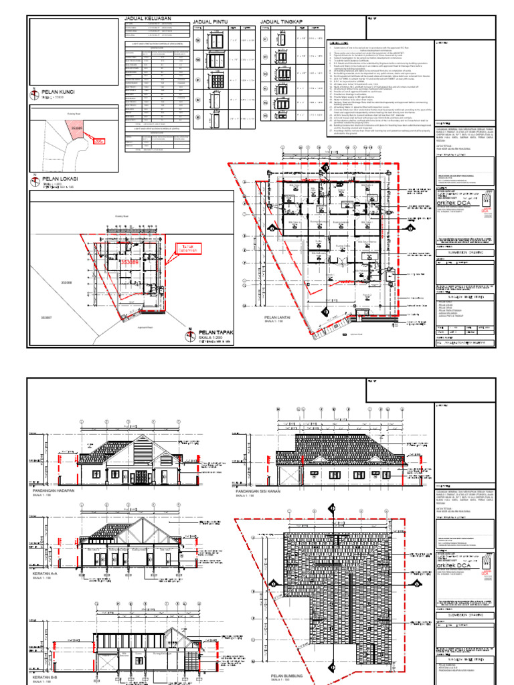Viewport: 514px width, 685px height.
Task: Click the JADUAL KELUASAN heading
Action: click(x=148, y=19)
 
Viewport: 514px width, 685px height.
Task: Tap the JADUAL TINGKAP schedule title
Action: click(x=281, y=22)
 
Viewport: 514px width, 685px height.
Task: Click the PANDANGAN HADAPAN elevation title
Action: click(x=61, y=490)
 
